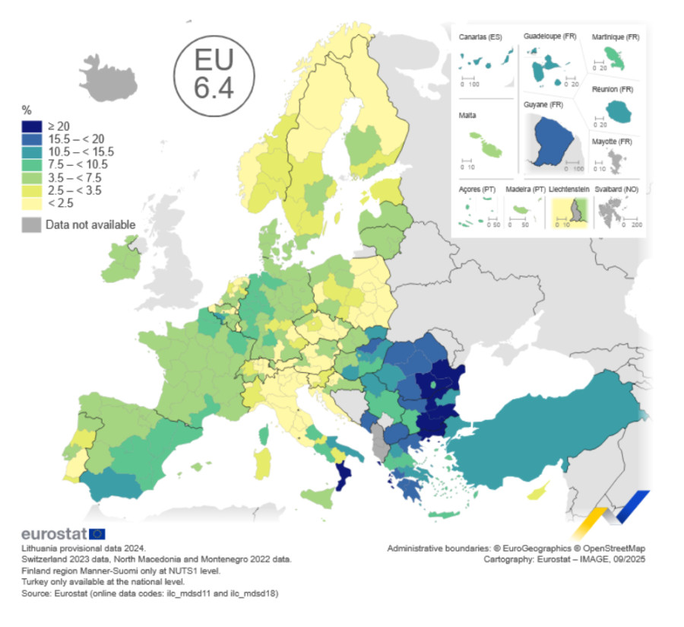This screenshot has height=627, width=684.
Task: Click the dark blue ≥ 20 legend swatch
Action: [x=32, y=126]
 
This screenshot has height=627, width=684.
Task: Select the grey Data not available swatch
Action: [x=32, y=224]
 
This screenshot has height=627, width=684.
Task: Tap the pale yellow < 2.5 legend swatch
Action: [x=32, y=203]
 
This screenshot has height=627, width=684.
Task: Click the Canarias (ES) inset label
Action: [x=481, y=37]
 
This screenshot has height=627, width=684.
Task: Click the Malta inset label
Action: [x=468, y=116]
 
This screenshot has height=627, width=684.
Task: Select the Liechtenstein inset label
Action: [x=570, y=189]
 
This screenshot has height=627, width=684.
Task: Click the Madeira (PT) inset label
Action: [x=524, y=189]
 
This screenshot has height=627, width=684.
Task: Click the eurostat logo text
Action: [x=54, y=533]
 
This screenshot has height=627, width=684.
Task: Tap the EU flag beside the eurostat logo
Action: [x=97, y=533]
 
